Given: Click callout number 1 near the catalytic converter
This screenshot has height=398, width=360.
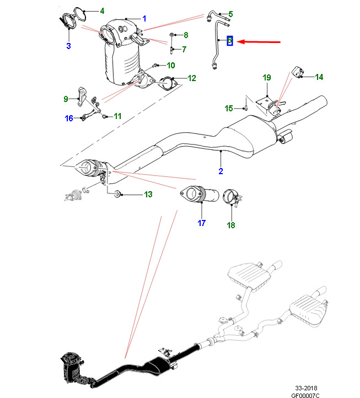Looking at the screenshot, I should [144, 19].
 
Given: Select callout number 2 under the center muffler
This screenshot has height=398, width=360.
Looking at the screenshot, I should [221, 171].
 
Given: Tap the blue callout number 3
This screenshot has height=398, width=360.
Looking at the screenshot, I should [68, 46].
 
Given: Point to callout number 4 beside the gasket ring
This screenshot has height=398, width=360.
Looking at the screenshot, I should [101, 10].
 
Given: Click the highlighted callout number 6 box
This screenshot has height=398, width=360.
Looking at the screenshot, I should [230, 41].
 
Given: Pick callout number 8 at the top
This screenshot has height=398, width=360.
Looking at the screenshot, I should [186, 35].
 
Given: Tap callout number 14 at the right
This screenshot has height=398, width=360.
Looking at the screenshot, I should [319, 77].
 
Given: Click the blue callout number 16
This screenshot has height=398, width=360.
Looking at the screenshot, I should [69, 118].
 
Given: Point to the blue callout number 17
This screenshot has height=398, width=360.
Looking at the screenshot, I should [201, 223].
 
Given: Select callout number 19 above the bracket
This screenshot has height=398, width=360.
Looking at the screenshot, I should [266, 78].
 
